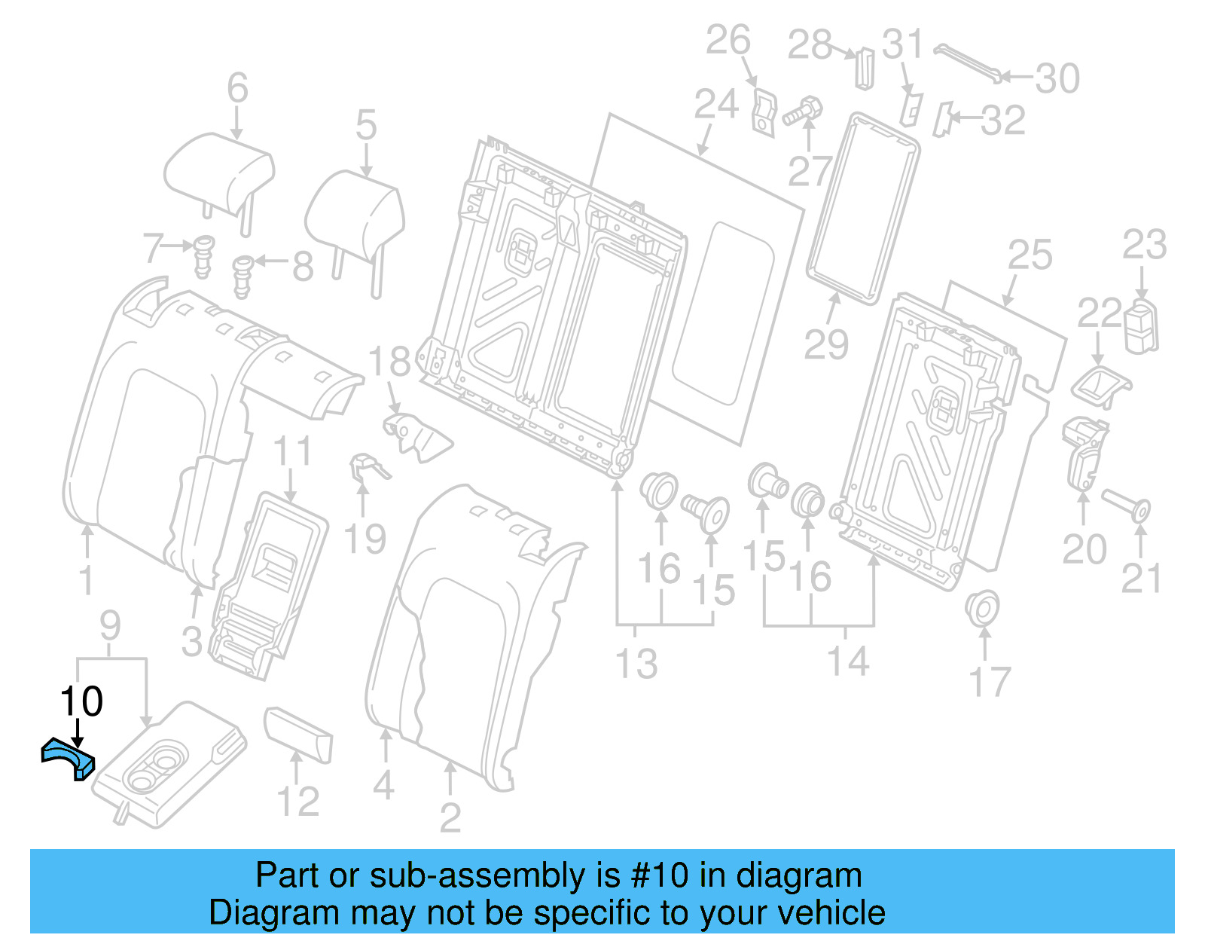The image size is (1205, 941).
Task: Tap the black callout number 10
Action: click(81, 702)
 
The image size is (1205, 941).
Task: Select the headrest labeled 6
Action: click(218, 173)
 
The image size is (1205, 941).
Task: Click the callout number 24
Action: click(715, 104)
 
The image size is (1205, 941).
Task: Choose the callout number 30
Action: click(1057, 78)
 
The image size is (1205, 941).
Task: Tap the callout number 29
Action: click(826, 345)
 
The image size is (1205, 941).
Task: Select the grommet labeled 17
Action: click(982, 608)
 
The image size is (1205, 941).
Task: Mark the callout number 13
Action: click(636, 664)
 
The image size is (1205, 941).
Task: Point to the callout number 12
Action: click(298, 801)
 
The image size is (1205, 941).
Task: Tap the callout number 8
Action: click(303, 266)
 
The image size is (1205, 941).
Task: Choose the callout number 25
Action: click(1030, 255)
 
